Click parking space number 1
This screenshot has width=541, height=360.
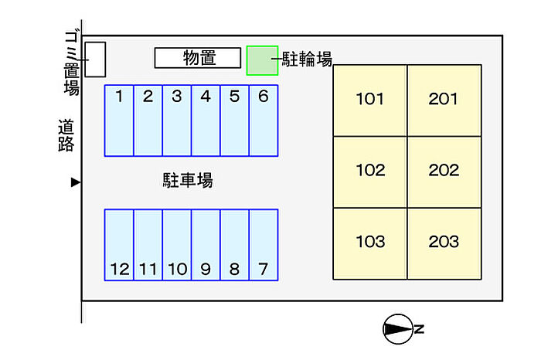[x=119, y=121]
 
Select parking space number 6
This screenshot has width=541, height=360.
[x=264, y=121]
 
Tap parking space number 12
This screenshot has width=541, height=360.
[x=119, y=245]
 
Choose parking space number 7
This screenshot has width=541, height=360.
[x=264, y=245]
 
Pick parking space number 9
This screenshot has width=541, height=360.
[x=206, y=245]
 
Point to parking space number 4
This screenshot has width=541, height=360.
[x=206, y=121]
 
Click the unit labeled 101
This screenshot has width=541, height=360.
[x=370, y=100]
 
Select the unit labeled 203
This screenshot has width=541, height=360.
[x=444, y=243]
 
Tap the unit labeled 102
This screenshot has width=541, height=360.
[x=370, y=172]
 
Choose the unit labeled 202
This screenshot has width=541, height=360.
[x=444, y=172]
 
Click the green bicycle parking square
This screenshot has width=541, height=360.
[x=262, y=60]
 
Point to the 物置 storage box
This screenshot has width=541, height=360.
[x=198, y=58]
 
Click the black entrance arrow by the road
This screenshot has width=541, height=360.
[x=76, y=182]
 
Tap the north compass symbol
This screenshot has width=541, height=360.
[x=398, y=329]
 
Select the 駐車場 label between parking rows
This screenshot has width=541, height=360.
[x=188, y=180]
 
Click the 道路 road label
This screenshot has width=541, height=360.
[x=66, y=135]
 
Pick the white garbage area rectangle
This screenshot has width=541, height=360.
[x=95, y=59]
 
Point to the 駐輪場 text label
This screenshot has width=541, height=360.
[x=307, y=59]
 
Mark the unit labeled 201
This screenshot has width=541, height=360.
[x=444, y=100]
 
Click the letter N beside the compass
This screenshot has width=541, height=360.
[x=419, y=329]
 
